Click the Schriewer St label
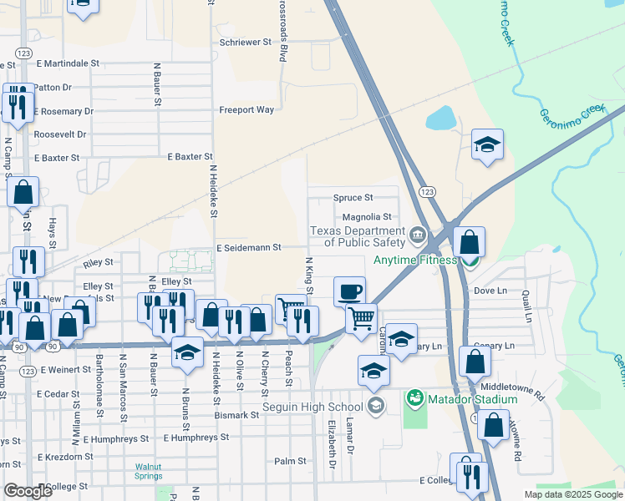246,41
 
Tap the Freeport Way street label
246,109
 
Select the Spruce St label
353,198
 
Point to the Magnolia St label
367,217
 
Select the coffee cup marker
349,291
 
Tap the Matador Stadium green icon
413,399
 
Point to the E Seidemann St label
249,248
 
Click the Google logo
28,491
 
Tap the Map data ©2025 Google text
572,494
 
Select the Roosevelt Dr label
59,134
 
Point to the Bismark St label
236,415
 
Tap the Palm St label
291,461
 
